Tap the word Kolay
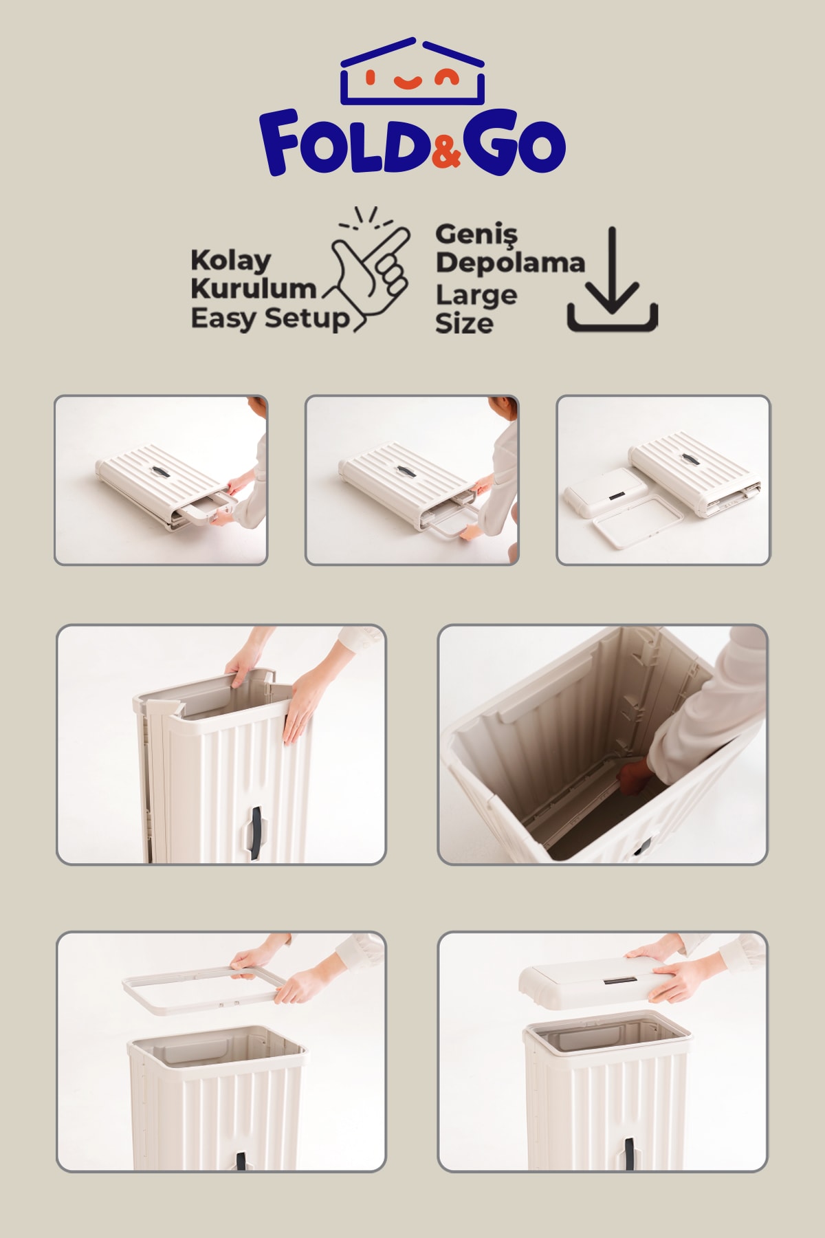coord(230,261)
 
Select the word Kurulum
coord(253,288)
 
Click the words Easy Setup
coord(269,319)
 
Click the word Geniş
coord(476,236)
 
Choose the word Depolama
coord(509,262)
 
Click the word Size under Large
coord(464,323)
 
